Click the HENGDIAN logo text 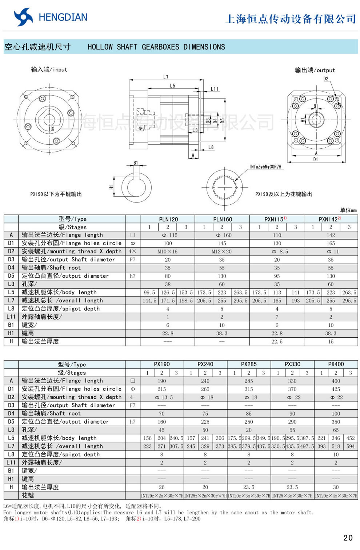tap(63, 17)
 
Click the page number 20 tap(348, 538)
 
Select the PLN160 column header tap(222, 219)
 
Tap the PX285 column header tap(249, 364)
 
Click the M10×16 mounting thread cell tap(168, 252)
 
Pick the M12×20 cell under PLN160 tap(222, 252)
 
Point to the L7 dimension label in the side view tap(166, 77)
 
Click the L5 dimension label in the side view tap(172, 86)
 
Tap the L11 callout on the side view tap(215, 89)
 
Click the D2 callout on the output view tap(326, 79)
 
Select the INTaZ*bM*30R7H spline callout tap(265, 167)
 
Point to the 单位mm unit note tap(348, 210)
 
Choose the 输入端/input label tap(49, 69)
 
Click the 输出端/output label tap(315, 70)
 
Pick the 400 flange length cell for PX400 tap(336, 381)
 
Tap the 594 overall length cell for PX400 tap(350, 446)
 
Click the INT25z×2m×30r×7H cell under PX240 tap(205, 496)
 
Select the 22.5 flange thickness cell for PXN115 tap(277, 342)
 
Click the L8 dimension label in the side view tap(211, 147)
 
